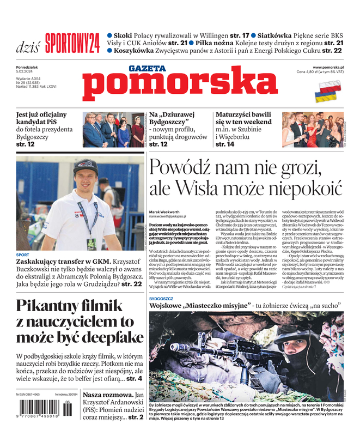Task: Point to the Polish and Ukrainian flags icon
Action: click(x=330, y=92)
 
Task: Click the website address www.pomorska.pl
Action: click(x=332, y=66)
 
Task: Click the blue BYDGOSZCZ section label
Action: click(x=161, y=299)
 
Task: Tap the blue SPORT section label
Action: click(x=23, y=255)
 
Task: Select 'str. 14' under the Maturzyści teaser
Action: click(x=224, y=144)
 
